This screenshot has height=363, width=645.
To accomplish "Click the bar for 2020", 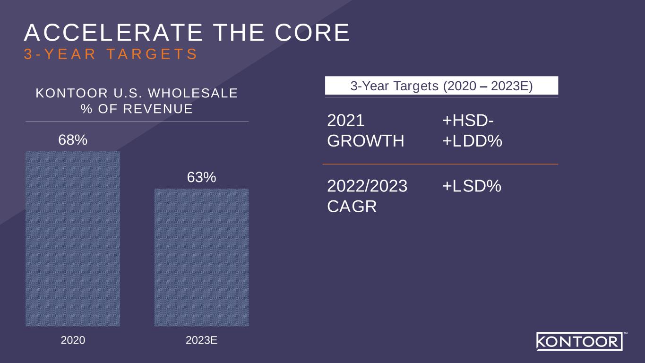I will pos(73,239).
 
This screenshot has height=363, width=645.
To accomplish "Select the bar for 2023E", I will pos(201,257).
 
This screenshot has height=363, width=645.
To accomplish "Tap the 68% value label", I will pos(73,140).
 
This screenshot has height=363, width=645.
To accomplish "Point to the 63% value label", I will pos(201,177).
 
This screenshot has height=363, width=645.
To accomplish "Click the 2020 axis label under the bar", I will pos(73,340).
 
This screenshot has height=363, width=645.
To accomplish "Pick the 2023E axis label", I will pos(201,340).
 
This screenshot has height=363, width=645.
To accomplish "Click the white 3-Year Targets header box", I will pos(441,86).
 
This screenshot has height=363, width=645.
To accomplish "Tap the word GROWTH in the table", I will pos(366,141).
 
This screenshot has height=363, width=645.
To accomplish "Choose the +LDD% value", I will pos(472,141).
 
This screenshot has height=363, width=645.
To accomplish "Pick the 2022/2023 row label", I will pos(367,187).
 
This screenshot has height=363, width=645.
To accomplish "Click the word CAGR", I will pos(352,207).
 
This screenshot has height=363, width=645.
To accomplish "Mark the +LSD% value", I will pos(472,187).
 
